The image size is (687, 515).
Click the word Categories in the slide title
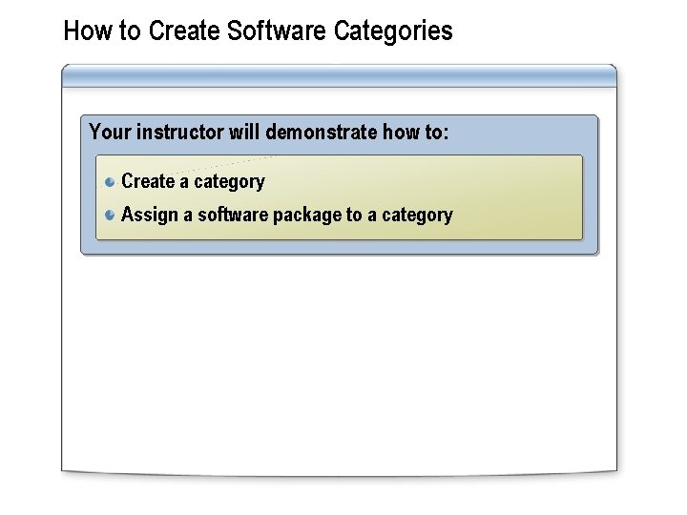click(393, 31)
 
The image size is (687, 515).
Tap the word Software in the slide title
click(279, 31)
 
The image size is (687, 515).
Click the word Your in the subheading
click(110, 132)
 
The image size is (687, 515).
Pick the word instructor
click(178, 132)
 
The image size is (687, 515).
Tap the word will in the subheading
click(244, 132)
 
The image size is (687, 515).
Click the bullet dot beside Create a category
click(111, 181)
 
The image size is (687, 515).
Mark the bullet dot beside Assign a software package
click(111, 215)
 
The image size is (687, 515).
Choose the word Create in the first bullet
click(148, 181)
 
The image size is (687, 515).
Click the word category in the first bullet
click(229, 182)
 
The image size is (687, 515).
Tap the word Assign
click(150, 216)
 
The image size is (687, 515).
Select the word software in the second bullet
click(233, 215)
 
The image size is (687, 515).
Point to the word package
click(306, 216)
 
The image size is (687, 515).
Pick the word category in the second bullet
click(417, 216)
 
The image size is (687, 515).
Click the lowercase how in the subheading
click(401, 132)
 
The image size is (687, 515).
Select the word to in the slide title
click(132, 31)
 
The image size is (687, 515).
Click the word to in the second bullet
click(354, 215)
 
